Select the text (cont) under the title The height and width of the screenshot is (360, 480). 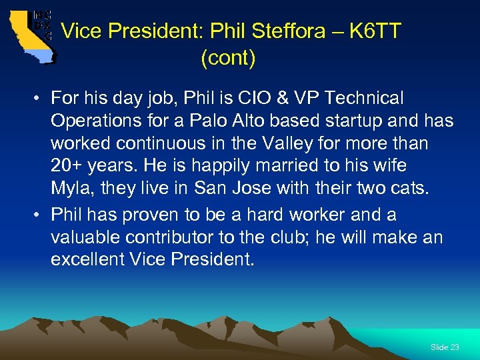click(x=228, y=58)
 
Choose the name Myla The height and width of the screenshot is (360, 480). click(x=71, y=189)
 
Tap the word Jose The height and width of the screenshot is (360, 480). click(x=245, y=189)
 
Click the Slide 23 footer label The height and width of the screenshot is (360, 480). click(x=445, y=347)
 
